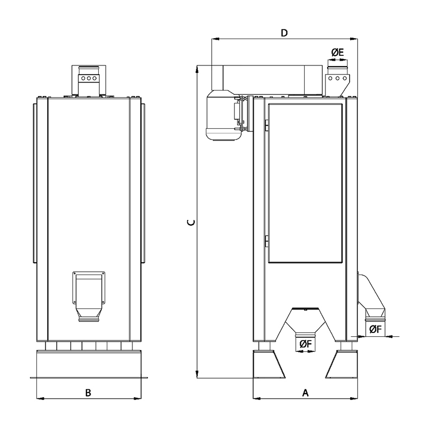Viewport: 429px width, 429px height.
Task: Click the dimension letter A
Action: [x=305, y=393]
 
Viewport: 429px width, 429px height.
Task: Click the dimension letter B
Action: [x=88, y=393]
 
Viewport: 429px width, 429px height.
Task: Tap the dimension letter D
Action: [x=285, y=33]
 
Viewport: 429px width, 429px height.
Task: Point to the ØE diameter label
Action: [x=338, y=52]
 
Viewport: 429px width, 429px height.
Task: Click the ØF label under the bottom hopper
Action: [x=306, y=344]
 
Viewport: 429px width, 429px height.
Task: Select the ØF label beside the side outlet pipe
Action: [x=375, y=329]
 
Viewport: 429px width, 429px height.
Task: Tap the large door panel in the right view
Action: [x=305, y=183]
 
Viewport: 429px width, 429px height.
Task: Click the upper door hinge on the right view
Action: [x=266, y=125]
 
